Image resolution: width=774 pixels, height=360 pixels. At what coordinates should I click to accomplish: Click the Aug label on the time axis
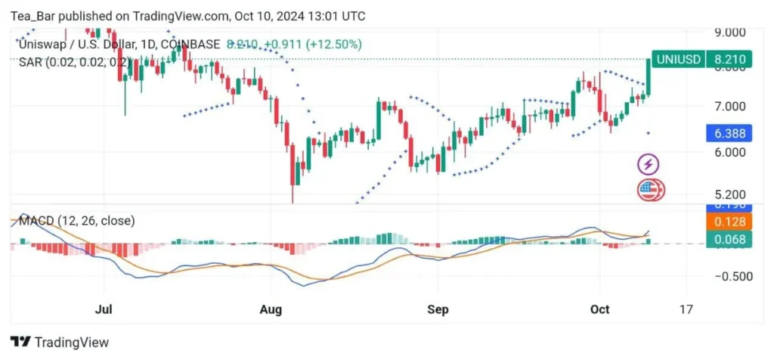(270, 309)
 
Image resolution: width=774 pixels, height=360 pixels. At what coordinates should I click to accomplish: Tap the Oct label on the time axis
(599, 309)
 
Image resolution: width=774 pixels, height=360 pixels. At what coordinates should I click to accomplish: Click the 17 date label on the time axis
(686, 309)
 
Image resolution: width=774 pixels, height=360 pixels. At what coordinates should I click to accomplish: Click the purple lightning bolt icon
(649, 163)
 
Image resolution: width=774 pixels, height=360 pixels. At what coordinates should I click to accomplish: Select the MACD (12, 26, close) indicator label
(76, 221)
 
